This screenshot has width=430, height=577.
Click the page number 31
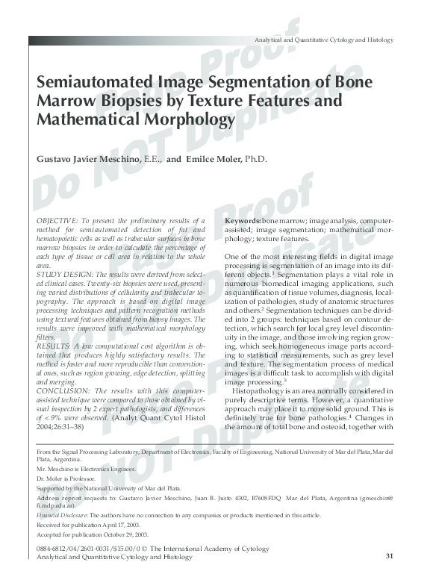click(x=389, y=556)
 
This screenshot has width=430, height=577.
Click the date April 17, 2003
click(x=121, y=525)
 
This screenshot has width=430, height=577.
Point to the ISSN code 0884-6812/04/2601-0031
click(x=72, y=549)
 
